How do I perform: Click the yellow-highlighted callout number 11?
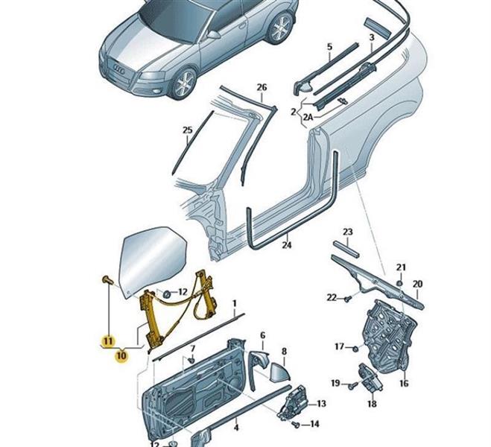(x=109, y=341)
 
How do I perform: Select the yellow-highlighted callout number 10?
(x=121, y=355)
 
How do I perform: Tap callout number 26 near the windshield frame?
(x=262, y=88)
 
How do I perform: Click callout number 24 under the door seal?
(x=287, y=243)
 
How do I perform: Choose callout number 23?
(x=347, y=232)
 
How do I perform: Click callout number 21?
(x=400, y=267)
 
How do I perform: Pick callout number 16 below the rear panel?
(x=404, y=384)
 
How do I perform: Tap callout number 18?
(x=372, y=404)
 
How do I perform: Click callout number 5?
(x=329, y=48)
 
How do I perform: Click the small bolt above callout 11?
(x=107, y=279)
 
